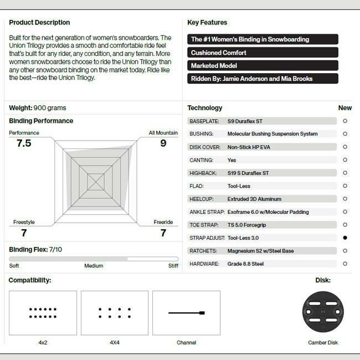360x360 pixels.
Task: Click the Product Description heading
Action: pyautogui.click(x=39, y=23)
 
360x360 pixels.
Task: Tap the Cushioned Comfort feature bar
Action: pyautogui.click(x=263, y=53)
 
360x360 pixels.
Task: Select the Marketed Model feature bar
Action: pyautogui.click(x=263, y=66)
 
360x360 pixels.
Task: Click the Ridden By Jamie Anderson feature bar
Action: pyautogui.click(x=263, y=79)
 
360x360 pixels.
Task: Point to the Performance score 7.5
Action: pyautogui.click(x=24, y=143)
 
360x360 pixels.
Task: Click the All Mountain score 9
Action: pyautogui.click(x=163, y=143)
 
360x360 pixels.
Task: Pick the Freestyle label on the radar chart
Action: pyautogui.click(x=24, y=223)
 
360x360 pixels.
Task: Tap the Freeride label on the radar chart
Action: pyautogui.click(x=163, y=223)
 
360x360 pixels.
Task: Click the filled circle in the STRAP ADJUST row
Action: pyautogui.click(x=345, y=238)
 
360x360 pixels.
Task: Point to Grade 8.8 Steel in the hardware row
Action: pyautogui.click(x=246, y=264)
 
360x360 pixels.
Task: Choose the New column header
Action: pyautogui.click(x=345, y=108)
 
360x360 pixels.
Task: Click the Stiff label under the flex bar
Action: pyautogui.click(x=173, y=266)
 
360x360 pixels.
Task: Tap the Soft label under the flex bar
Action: pyautogui.click(x=14, y=266)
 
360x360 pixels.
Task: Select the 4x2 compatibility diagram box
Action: pyautogui.click(x=43, y=313)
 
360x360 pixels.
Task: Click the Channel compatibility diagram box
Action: pyautogui.click(x=186, y=313)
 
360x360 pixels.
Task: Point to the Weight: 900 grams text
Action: pyautogui.click(x=38, y=108)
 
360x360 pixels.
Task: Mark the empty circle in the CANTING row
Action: pyautogui.click(x=345, y=160)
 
